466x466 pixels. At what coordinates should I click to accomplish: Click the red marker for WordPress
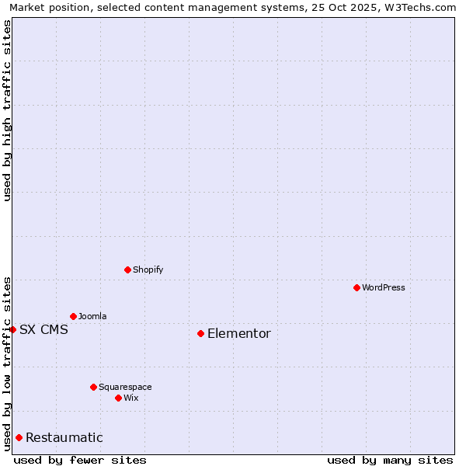click(x=356, y=287)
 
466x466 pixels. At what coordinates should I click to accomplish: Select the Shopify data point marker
click(x=127, y=270)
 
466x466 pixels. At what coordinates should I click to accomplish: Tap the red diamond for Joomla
click(x=73, y=316)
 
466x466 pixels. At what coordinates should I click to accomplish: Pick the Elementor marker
click(x=200, y=333)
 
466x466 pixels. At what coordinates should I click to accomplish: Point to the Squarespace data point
click(x=93, y=387)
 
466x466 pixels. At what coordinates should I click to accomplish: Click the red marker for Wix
click(x=118, y=398)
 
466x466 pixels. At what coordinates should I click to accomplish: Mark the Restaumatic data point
click(x=19, y=437)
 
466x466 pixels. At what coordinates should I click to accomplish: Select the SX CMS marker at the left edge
click(x=12, y=329)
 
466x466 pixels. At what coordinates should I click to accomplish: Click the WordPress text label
click(x=384, y=287)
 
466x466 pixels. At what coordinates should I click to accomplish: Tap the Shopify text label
click(x=148, y=270)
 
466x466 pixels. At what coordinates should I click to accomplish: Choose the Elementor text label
click(x=239, y=333)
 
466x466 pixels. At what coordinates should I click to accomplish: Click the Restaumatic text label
click(x=64, y=437)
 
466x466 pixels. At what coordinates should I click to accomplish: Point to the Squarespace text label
click(x=125, y=387)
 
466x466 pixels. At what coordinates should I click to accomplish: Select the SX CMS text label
click(x=43, y=329)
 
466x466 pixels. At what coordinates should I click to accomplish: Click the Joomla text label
click(x=92, y=316)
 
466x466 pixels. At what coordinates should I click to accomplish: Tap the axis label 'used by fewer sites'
click(x=80, y=460)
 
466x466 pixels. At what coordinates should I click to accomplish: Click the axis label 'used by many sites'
click(x=390, y=460)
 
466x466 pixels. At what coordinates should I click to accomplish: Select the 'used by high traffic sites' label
click(x=7, y=110)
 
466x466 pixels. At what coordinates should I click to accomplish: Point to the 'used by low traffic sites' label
click(x=7, y=363)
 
